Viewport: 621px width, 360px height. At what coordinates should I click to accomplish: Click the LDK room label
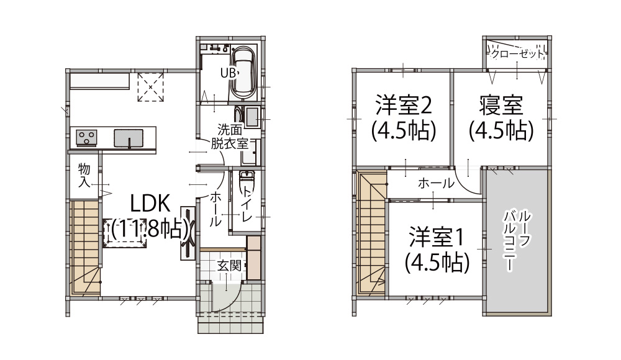click(x=150, y=216)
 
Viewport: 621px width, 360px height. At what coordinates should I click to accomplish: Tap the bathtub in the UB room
click(x=244, y=74)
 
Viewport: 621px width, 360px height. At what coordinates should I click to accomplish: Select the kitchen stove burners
click(x=86, y=137)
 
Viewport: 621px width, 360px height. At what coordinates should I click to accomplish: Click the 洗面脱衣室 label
click(x=229, y=137)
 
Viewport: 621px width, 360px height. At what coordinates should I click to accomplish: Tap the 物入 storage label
click(x=84, y=174)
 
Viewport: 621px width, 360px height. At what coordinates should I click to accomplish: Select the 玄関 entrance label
click(x=229, y=266)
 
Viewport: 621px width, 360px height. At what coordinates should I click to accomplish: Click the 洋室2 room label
click(x=404, y=117)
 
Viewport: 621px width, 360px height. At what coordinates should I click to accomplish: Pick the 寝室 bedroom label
click(x=501, y=117)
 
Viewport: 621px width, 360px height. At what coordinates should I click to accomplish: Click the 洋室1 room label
click(x=437, y=249)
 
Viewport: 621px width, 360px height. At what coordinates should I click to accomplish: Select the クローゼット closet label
click(x=517, y=54)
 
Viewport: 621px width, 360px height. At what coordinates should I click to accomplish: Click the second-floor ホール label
click(x=436, y=183)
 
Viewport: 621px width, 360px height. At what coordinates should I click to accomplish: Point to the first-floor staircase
click(x=85, y=248)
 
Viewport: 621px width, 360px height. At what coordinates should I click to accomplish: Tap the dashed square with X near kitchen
click(x=150, y=87)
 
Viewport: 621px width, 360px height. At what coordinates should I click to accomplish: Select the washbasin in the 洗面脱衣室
click(x=252, y=117)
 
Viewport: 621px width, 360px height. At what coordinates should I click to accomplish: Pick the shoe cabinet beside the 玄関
click(x=253, y=258)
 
